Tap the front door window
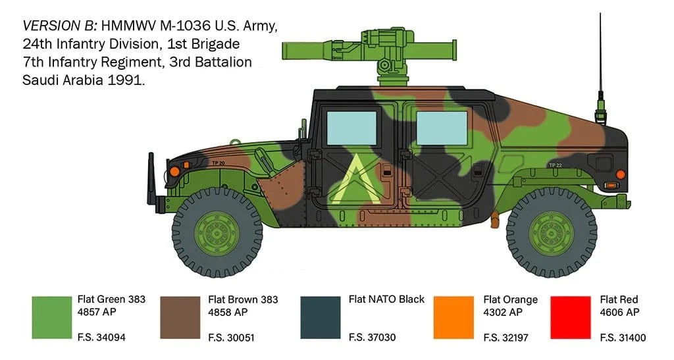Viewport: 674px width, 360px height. point(352,128)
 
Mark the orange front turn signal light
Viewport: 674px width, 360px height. point(175,171)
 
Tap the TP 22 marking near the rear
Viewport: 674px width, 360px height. point(556,165)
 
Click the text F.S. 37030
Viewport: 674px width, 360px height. point(372,338)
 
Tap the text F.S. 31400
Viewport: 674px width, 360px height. point(623,338)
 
